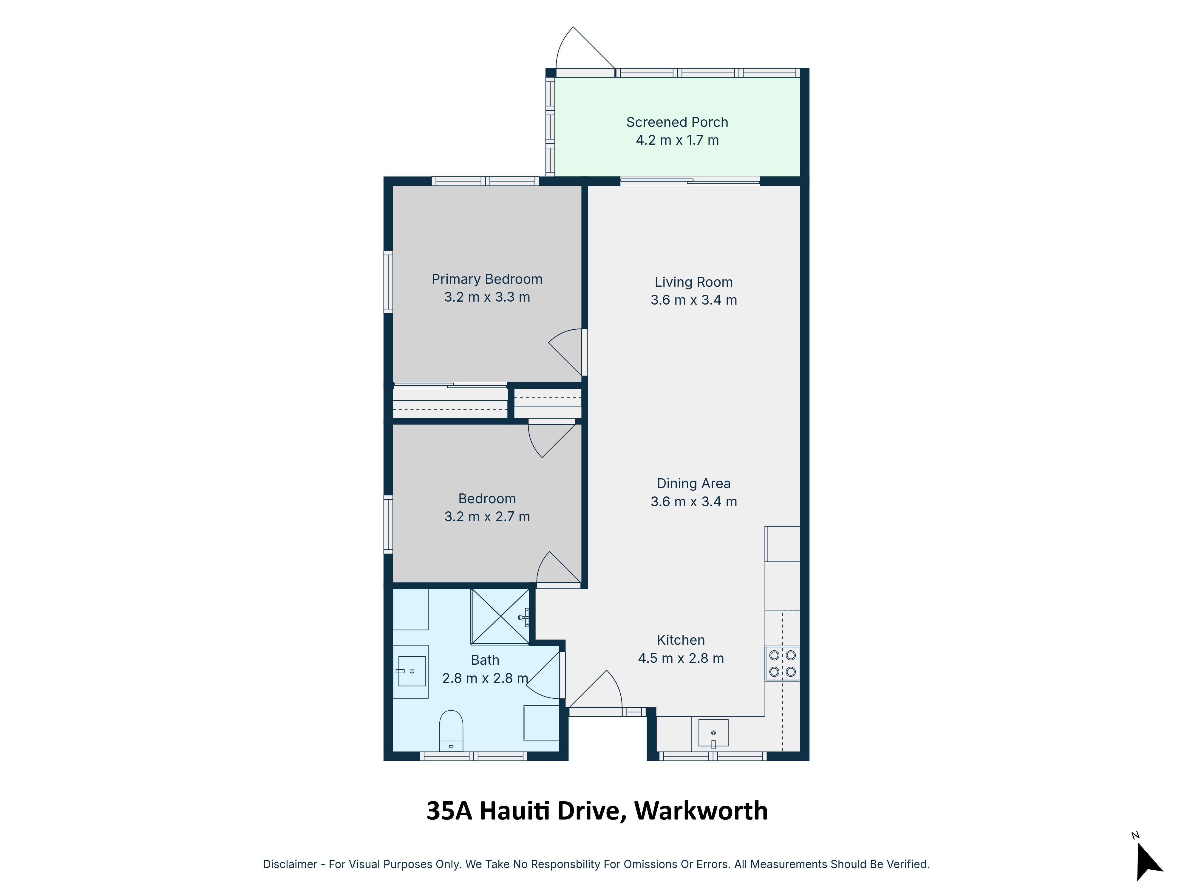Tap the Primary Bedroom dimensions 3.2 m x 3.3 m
point(487,297)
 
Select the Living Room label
point(693,282)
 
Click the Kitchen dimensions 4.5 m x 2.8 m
point(681,658)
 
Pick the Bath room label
point(485,660)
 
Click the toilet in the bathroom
point(451,730)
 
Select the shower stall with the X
point(500,617)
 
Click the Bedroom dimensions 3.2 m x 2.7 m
point(487,517)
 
